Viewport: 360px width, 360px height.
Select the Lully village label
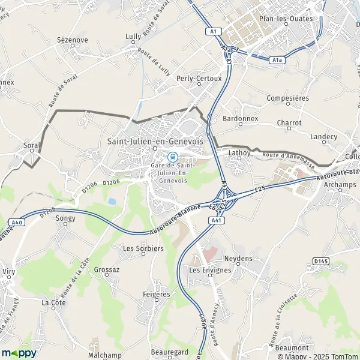coord(133,37)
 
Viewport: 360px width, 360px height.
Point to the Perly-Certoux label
coord(199,78)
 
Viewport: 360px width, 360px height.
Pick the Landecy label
coord(324,137)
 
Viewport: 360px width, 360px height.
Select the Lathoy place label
coord(238,154)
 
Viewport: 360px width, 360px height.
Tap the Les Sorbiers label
coord(143,248)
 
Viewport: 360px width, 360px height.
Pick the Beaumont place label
coord(293,347)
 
